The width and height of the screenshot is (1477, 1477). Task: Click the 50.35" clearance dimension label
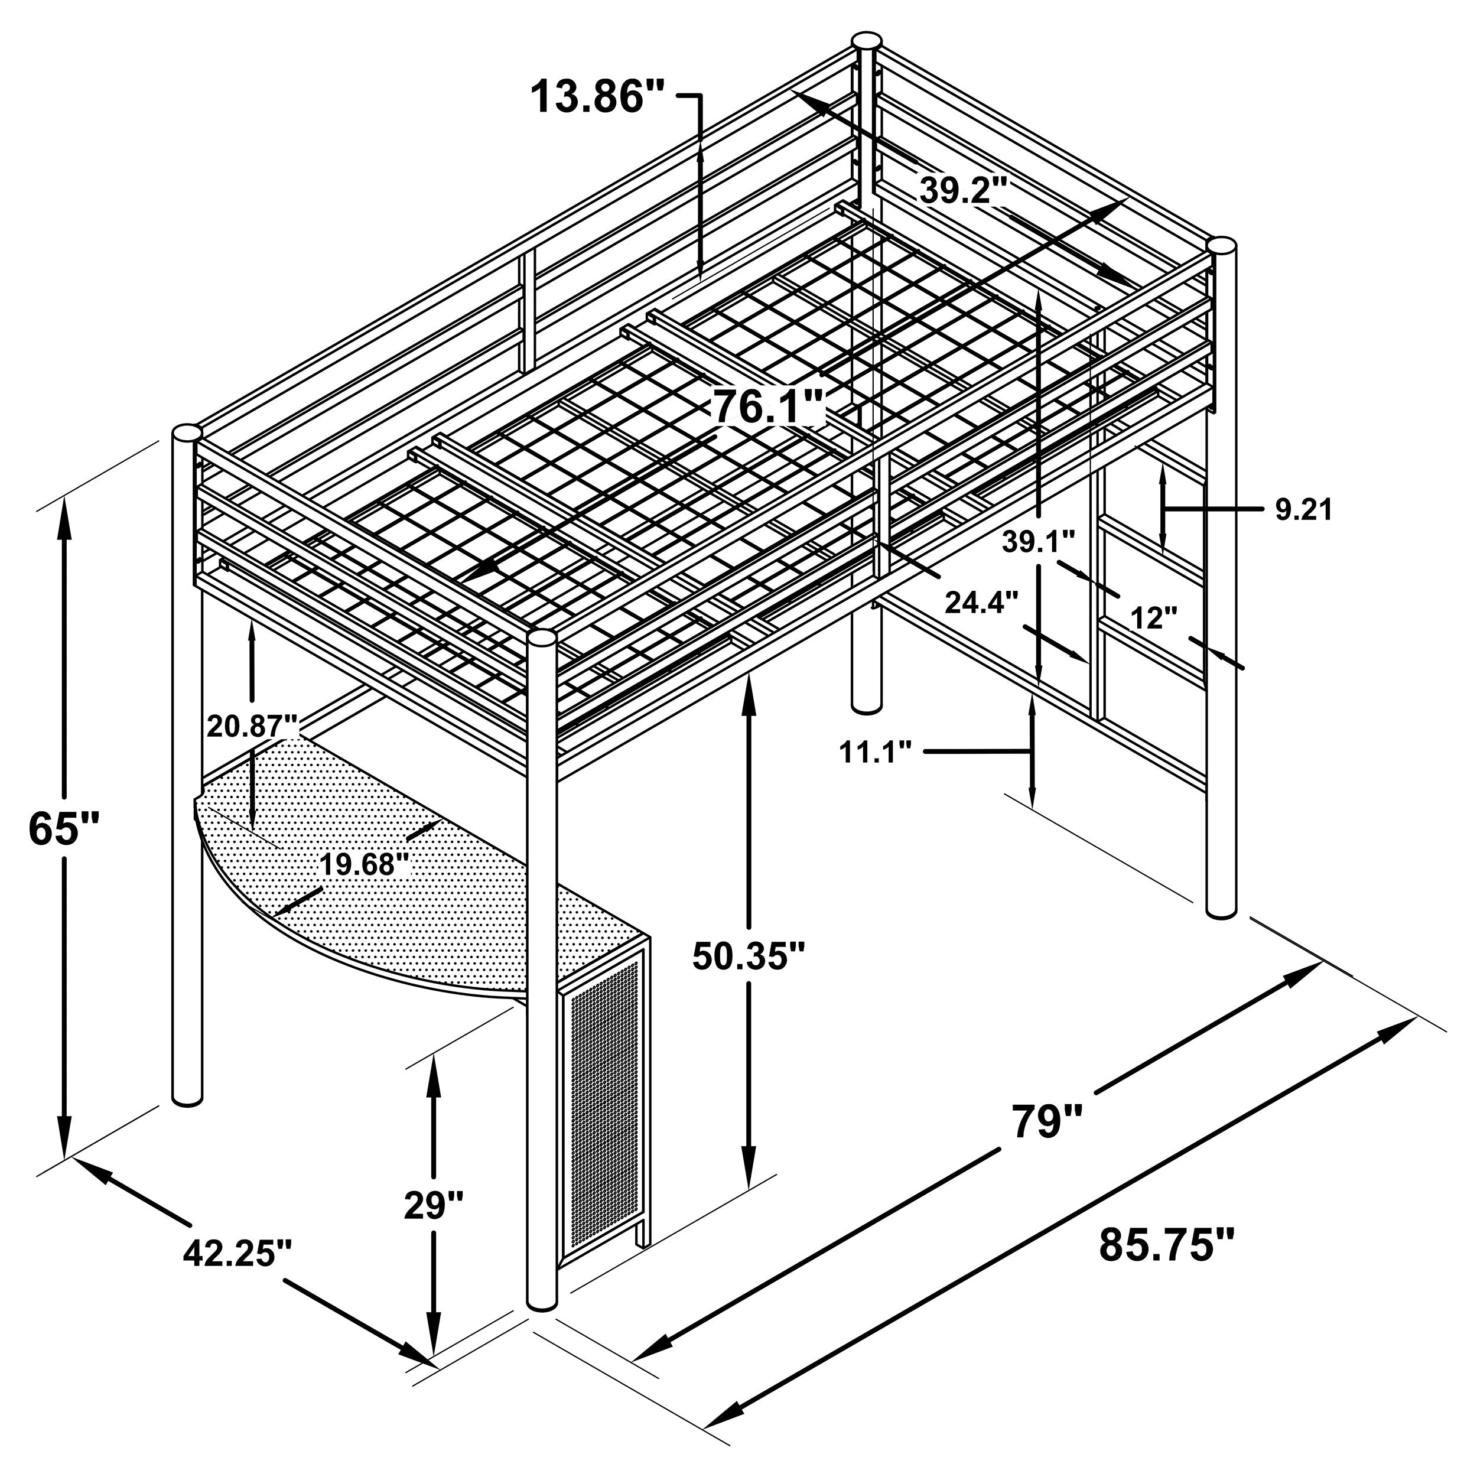(x=749, y=955)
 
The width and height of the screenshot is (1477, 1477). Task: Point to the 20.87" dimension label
(x=252, y=725)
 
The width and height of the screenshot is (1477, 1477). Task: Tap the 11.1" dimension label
(x=876, y=752)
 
